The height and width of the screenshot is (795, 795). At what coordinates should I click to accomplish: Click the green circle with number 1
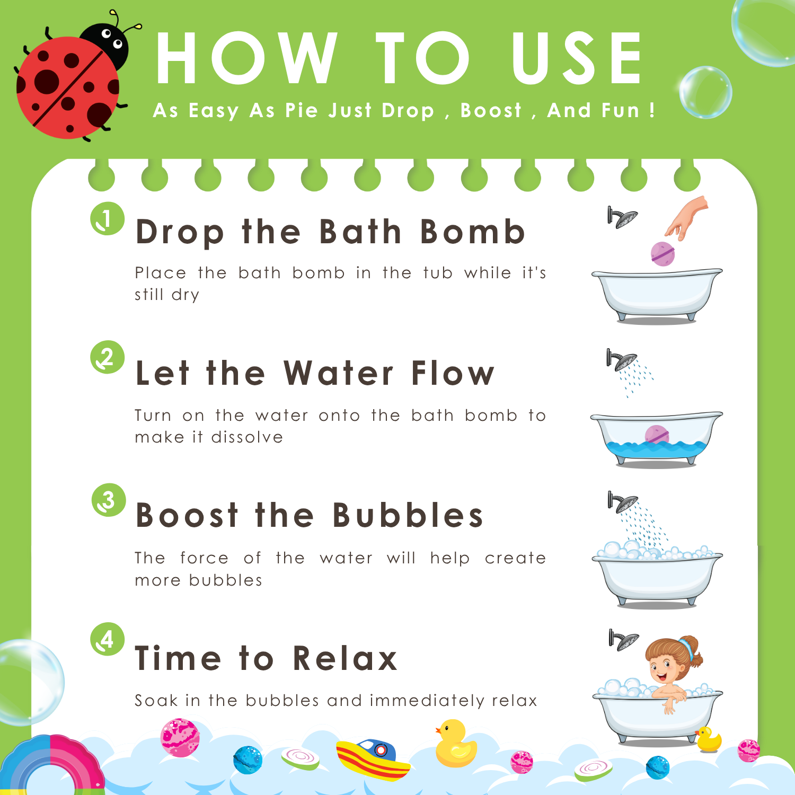(107, 218)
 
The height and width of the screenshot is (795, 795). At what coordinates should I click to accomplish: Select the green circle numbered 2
(107, 357)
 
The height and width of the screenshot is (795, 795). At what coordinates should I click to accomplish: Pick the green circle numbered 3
(109, 500)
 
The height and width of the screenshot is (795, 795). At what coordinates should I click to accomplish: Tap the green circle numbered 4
(107, 639)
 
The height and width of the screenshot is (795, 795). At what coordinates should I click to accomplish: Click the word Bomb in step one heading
(472, 232)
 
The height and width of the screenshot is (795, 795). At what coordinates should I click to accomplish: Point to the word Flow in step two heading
(453, 373)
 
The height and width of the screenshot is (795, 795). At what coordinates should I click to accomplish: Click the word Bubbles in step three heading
(408, 515)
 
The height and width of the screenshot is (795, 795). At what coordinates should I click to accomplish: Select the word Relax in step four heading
(345, 658)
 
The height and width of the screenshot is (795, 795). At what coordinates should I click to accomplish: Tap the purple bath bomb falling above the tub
(662, 254)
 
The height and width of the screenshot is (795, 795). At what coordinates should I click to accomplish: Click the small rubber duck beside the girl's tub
(709, 739)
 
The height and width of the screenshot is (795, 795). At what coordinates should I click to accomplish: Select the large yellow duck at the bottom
(455, 743)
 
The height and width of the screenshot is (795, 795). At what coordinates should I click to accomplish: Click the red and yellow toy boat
(373, 759)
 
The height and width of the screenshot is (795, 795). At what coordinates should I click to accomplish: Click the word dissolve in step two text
(247, 437)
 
